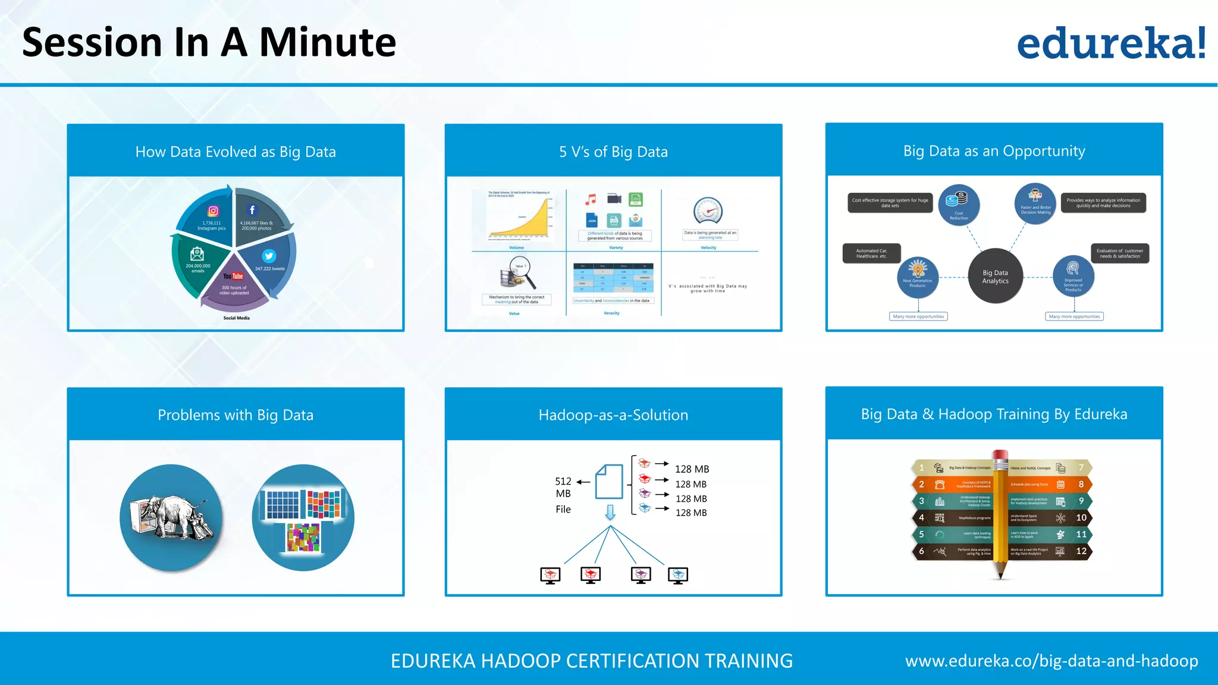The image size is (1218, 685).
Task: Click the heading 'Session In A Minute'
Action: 209,43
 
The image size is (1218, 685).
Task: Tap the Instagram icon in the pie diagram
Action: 213,211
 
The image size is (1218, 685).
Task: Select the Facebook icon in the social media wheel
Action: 252,210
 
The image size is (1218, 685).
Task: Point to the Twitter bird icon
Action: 269,256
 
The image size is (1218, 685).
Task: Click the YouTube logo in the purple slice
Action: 233,276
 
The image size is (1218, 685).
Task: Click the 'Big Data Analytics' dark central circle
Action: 995,276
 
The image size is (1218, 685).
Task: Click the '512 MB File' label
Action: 563,495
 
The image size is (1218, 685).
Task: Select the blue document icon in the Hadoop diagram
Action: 609,482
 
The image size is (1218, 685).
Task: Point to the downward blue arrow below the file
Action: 610,513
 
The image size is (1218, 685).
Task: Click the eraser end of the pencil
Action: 1000,455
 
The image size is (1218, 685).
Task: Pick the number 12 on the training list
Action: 1081,551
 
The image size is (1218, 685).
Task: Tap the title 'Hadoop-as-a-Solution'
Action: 613,415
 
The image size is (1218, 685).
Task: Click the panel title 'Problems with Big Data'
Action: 236,415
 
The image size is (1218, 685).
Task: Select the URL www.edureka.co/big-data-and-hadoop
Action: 1051,661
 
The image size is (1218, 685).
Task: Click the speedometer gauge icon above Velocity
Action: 708,211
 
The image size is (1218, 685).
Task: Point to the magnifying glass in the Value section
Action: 522,271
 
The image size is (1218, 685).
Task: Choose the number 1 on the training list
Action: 922,468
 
